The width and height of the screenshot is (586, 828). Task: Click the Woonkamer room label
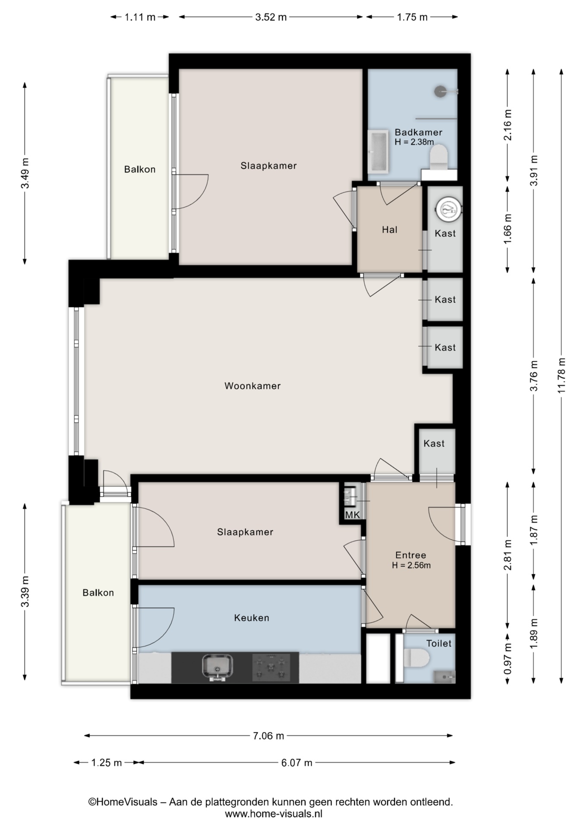pyautogui.click(x=252, y=386)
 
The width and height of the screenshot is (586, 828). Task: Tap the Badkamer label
pyautogui.click(x=419, y=132)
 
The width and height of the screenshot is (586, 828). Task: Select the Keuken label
pyautogui.click(x=252, y=618)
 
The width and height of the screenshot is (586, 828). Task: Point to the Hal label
pyautogui.click(x=390, y=230)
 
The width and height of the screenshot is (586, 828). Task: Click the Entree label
pyautogui.click(x=411, y=555)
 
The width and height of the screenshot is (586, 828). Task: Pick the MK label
pyautogui.click(x=352, y=515)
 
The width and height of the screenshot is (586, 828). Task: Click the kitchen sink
pyautogui.click(x=217, y=668)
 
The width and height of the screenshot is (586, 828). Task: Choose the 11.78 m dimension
pyautogui.click(x=561, y=376)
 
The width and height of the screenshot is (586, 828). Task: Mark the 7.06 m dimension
pyautogui.click(x=268, y=736)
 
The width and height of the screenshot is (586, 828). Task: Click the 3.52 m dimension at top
pyautogui.click(x=271, y=17)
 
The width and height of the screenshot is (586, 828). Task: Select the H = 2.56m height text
pyautogui.click(x=411, y=565)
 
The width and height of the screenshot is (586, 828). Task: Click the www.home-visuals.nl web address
pyautogui.click(x=274, y=814)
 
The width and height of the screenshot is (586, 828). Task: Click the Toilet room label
pyautogui.click(x=439, y=643)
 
